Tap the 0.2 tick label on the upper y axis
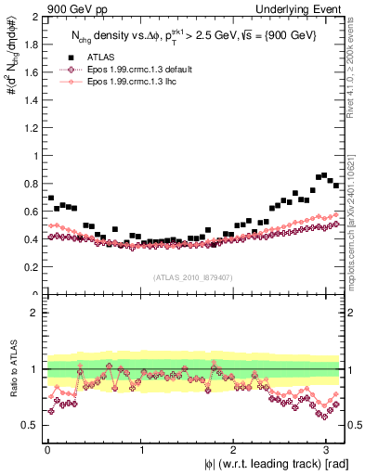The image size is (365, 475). pyautogui.click(x=32, y=267)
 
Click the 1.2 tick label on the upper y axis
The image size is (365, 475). pyautogui.click(x=32, y=128)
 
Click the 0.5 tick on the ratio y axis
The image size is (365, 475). pyautogui.click(x=32, y=425)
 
